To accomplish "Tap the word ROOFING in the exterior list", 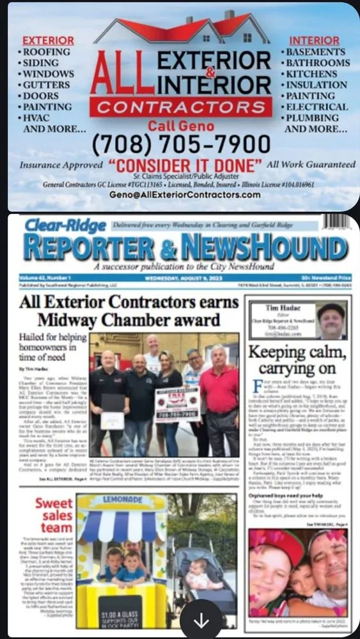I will tap(46, 52).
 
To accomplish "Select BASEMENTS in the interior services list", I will tap(315, 52).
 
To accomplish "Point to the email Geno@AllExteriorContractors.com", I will tap(185, 195).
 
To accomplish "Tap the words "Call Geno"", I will tap(180, 125).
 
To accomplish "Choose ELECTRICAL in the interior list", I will tap(317, 107).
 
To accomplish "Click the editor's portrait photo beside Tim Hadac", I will tap(331, 320).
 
